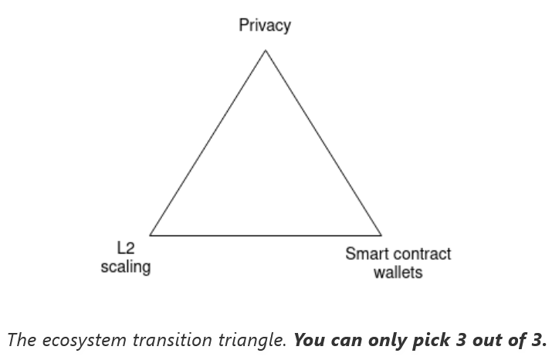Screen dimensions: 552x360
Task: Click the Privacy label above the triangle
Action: (x=265, y=26)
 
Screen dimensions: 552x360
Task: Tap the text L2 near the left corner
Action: (x=126, y=248)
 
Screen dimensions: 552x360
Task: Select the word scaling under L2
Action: (x=126, y=267)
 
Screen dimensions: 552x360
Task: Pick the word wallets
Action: (x=398, y=272)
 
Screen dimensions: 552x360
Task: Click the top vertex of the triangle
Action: (x=266, y=50)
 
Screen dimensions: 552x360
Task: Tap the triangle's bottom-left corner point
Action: (x=150, y=235)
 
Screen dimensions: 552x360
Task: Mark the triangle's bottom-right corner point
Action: (x=381, y=235)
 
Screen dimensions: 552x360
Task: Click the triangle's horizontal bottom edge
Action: (x=266, y=235)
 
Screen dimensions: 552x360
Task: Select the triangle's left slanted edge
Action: (x=208, y=143)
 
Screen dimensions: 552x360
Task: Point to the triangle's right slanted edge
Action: (x=323, y=143)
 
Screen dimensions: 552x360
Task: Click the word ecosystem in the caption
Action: (x=84, y=341)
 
